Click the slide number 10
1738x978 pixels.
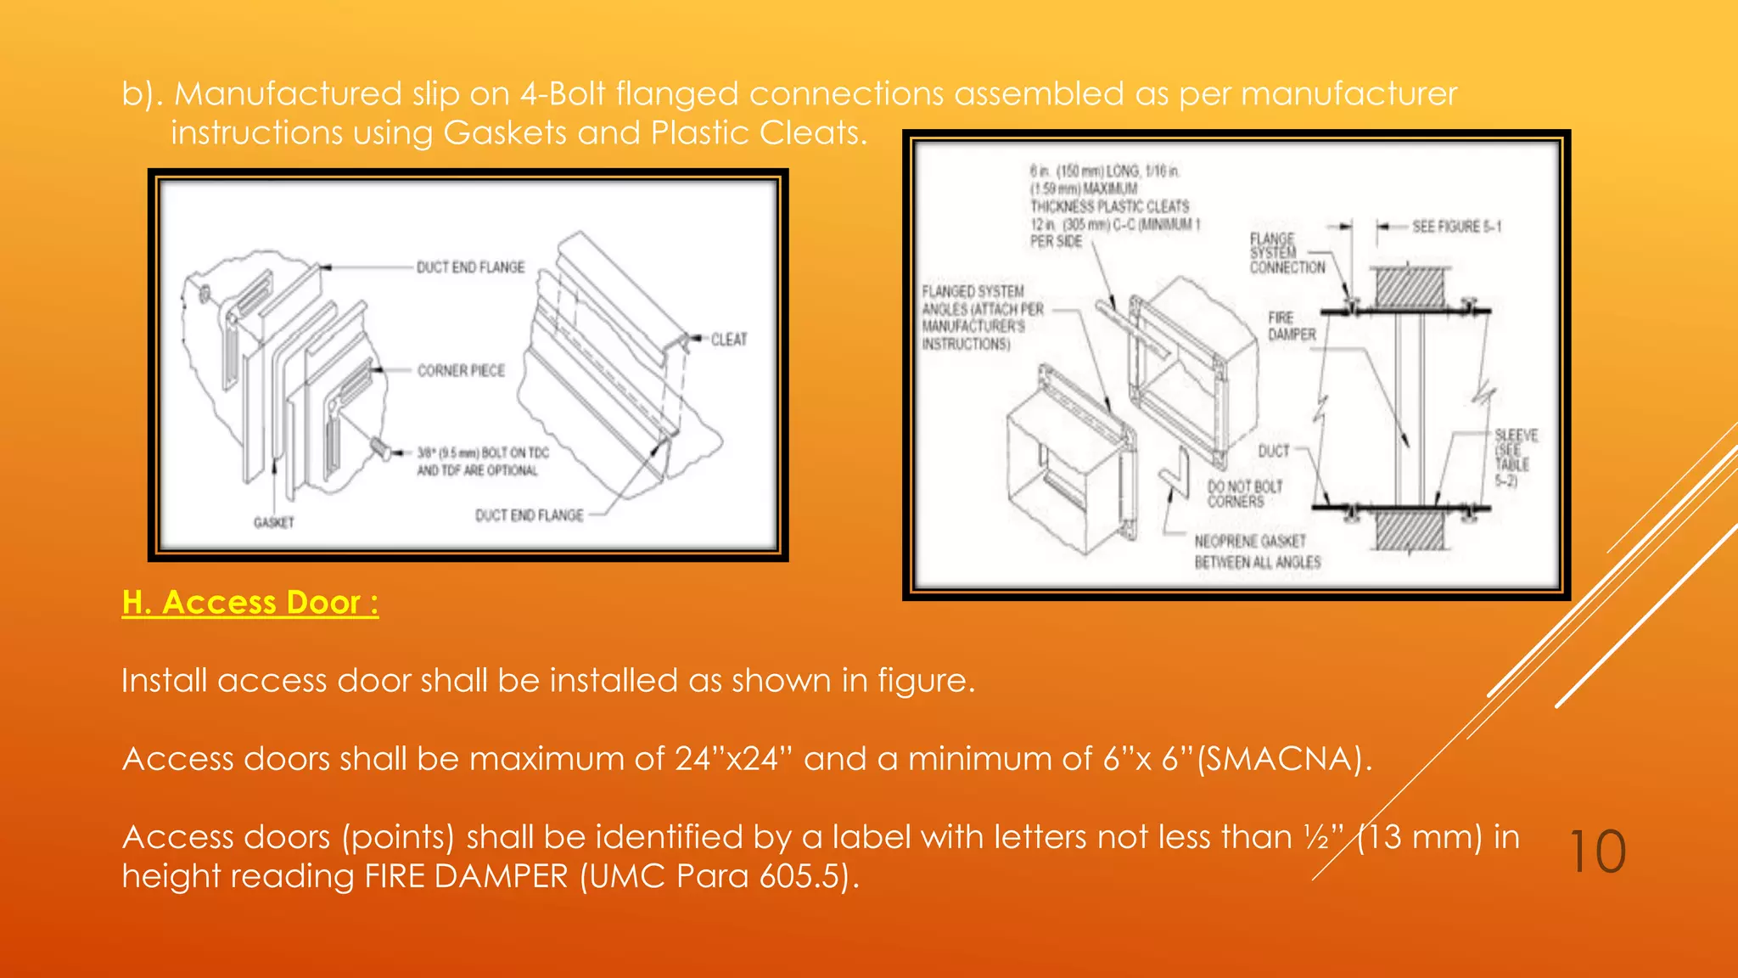(x=1597, y=852)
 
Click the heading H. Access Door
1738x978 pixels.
(x=249, y=602)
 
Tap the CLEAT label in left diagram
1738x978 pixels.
(x=728, y=340)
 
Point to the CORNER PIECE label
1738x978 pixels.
(x=461, y=371)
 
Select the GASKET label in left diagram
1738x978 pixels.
(x=273, y=522)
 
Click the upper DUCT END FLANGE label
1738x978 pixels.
(x=470, y=267)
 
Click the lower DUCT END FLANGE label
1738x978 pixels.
(x=529, y=515)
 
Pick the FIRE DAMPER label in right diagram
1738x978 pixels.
(x=1291, y=326)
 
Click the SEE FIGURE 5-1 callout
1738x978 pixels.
(x=1455, y=227)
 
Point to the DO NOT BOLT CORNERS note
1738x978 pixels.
(x=1244, y=494)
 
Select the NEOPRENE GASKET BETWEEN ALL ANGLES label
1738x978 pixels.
(x=1257, y=552)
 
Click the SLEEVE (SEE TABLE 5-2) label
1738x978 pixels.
(x=1515, y=458)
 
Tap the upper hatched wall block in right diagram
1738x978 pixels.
(x=1410, y=288)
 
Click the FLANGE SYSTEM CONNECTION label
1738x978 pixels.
(x=1286, y=253)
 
